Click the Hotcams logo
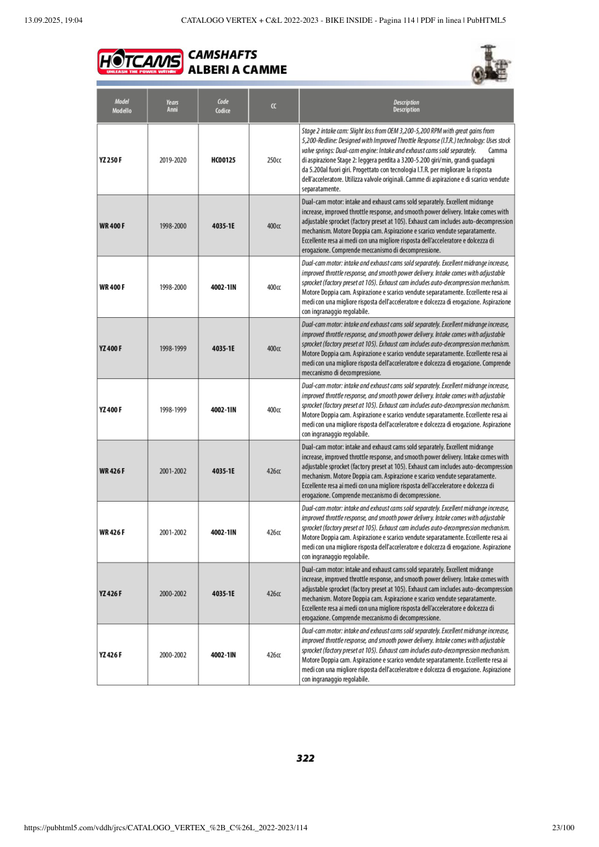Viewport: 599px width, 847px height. pyautogui.click(x=140, y=61)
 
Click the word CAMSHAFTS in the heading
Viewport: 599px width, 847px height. pyautogui.click(x=222, y=54)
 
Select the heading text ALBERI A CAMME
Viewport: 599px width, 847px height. pyautogui.click(x=237, y=70)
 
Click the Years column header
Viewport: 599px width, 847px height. pyautogui.click(x=172, y=106)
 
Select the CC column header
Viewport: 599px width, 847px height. pyautogui.click(x=274, y=106)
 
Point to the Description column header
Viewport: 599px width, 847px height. pyautogui.click(x=406, y=106)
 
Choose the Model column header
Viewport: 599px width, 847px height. pyautogui.click(x=122, y=106)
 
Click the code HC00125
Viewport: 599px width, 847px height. pyautogui.click(x=223, y=160)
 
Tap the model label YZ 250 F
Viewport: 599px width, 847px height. pyautogui.click(x=111, y=160)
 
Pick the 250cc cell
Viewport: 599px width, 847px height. pyautogui.click(x=274, y=160)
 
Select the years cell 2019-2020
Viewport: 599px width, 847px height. pyautogui.click(x=173, y=160)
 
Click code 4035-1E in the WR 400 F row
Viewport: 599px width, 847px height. pyautogui.click(x=223, y=226)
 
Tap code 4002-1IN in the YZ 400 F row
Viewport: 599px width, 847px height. pyautogui.click(x=223, y=410)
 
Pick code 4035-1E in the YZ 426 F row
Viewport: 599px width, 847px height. pyautogui.click(x=223, y=594)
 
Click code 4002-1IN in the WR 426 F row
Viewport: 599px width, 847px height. pyautogui.click(x=223, y=532)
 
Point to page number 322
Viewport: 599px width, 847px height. pyautogui.click(x=305, y=758)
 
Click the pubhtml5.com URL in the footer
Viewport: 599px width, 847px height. pyautogui.click(x=166, y=828)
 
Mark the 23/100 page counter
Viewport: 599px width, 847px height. pyautogui.click(x=563, y=828)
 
